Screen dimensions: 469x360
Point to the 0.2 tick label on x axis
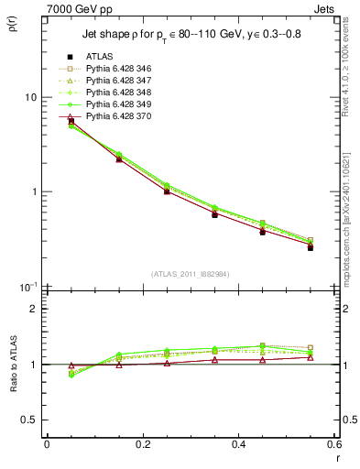click(x=142, y=443)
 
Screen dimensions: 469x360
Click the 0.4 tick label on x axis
click(x=238, y=443)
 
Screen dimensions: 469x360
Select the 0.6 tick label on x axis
click(x=333, y=443)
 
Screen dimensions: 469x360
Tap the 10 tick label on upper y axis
click(x=31, y=97)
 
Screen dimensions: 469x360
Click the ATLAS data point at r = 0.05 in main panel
click(x=71, y=120)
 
